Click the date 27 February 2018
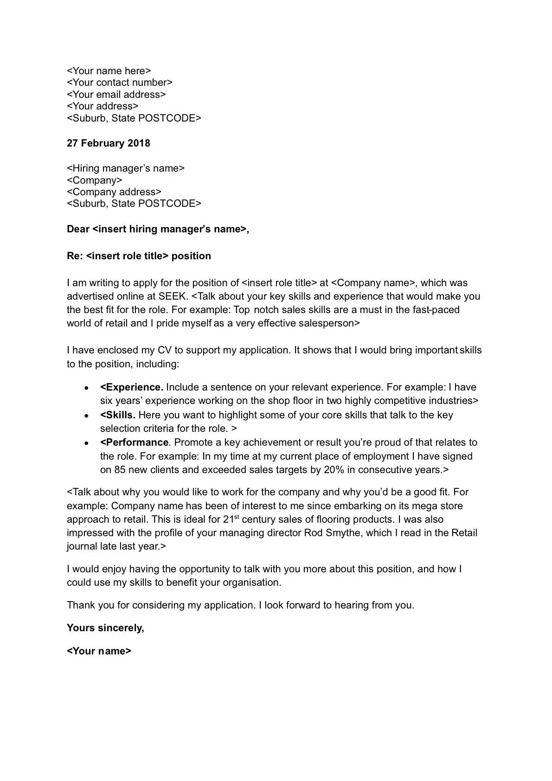point(108,143)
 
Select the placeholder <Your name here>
point(109,71)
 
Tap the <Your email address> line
point(116,95)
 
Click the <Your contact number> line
point(120,83)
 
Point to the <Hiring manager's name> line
point(125,168)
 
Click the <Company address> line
point(114,192)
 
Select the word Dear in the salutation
point(78,229)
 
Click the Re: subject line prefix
point(75,256)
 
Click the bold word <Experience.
point(131,387)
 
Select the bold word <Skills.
point(118,415)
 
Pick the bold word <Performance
point(134,442)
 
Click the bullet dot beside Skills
point(86,416)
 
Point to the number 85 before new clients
point(120,470)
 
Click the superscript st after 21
point(236,517)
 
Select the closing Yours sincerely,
point(105,628)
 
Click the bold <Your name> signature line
point(99,651)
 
